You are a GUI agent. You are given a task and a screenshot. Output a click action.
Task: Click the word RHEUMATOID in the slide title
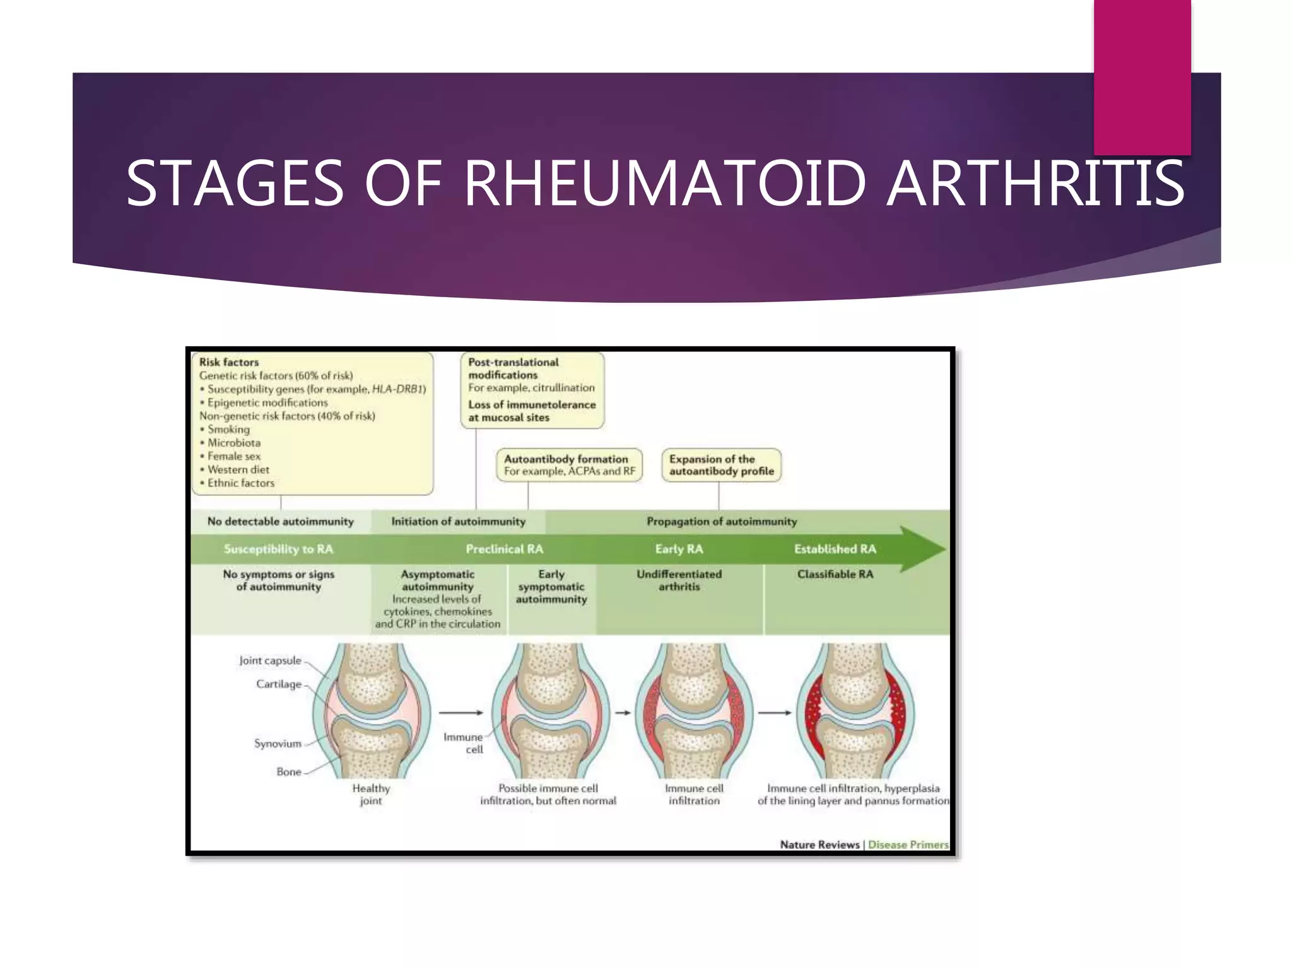pos(665,184)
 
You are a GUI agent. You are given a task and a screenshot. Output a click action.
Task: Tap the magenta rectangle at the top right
pos(1142,76)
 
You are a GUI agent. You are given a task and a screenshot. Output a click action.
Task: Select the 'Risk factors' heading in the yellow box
pos(229,362)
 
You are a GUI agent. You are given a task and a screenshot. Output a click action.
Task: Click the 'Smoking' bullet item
pos(228,430)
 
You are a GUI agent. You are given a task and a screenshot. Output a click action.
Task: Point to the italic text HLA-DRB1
pos(399,389)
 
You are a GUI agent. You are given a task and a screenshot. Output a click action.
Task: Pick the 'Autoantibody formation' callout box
pos(569,465)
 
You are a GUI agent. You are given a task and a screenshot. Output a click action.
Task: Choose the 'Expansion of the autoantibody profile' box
pos(721,465)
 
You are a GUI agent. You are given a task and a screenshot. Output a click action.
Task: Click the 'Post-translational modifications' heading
pos(513,368)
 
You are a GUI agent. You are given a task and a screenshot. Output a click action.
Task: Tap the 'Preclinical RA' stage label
pos(504,549)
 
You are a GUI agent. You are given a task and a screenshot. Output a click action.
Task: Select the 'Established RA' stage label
pos(835,549)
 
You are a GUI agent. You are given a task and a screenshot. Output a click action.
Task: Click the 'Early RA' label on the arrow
pos(679,549)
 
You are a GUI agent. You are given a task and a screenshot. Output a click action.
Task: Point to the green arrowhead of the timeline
pos(922,549)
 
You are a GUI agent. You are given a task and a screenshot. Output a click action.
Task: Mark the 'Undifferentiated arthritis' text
pos(679,580)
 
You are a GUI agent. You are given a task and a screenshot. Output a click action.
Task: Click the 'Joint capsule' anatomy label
pos(270,661)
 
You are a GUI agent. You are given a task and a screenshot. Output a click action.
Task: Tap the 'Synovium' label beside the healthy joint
pos(278,744)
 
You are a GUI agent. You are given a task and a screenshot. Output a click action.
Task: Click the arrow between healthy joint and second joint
pos(461,713)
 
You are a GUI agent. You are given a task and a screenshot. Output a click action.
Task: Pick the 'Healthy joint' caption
pos(371,794)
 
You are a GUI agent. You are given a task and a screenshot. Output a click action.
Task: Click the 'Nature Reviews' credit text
pos(819,845)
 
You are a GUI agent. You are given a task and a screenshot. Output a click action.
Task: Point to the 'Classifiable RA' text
pos(835,574)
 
